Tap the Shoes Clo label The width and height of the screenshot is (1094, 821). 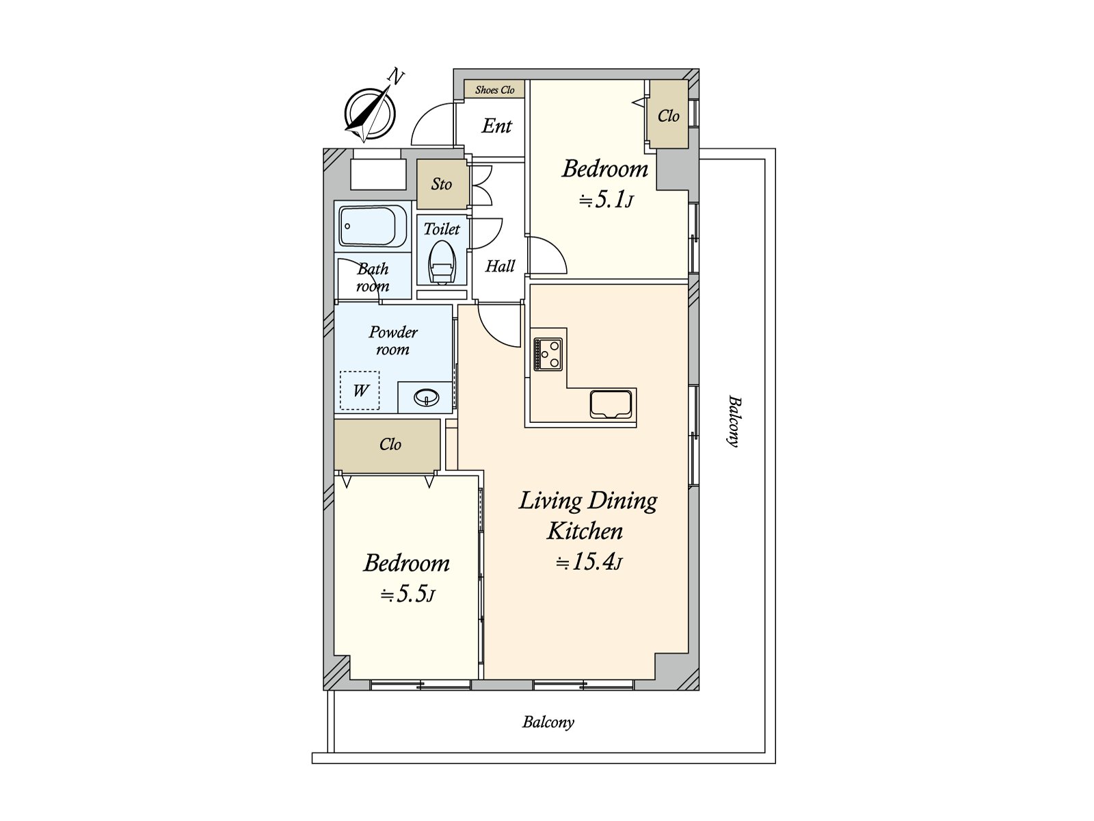tap(494, 90)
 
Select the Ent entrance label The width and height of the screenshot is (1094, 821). tap(496, 126)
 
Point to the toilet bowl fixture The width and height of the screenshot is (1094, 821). tap(442, 262)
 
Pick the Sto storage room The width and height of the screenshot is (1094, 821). tap(442, 184)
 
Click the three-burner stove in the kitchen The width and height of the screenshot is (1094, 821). tap(548, 354)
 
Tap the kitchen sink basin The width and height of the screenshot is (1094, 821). tap(611, 404)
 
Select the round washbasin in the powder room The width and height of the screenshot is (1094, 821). tap(427, 398)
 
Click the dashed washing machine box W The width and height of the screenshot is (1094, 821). tap(360, 390)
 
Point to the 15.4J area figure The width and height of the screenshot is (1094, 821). tap(589, 562)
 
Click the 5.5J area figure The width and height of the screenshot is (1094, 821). tap(408, 594)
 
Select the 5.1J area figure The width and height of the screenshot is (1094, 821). tap(606, 200)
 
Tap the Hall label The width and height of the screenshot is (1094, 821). tap(500, 266)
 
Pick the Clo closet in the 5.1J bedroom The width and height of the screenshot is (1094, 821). tap(669, 115)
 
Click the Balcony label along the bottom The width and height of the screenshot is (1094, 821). tap(548, 722)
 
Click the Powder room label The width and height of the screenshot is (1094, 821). tap(392, 341)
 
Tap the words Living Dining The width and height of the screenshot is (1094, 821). tap(588, 501)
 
